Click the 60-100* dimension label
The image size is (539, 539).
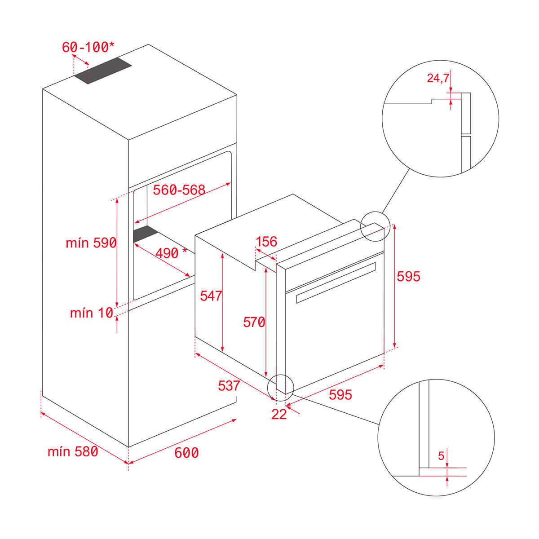88,47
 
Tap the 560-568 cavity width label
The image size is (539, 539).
179,190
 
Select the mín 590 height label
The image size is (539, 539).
91,243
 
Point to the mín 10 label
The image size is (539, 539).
92,313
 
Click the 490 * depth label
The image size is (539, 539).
171,253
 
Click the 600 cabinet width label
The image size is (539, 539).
186,453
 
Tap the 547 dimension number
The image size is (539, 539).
211,296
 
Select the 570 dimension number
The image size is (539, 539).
254,322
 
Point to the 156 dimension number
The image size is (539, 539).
266,242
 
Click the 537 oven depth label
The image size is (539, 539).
229,386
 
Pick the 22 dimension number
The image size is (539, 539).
279,414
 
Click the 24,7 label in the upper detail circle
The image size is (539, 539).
438,78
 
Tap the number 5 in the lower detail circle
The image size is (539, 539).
441,456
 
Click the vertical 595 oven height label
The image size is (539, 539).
409,276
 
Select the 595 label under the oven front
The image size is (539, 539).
340,395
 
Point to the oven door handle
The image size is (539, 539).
336,283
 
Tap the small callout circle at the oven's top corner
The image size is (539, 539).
375,226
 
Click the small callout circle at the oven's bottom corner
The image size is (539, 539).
281,388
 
